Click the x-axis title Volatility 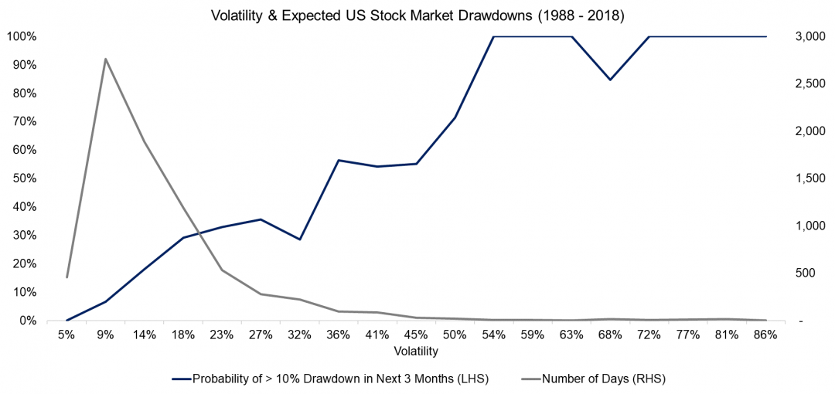[x=416, y=352]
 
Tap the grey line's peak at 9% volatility [x=106, y=59]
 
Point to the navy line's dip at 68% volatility [x=610, y=80]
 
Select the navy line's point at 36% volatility [x=339, y=160]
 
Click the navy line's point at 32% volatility [x=300, y=239]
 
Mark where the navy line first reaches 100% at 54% [x=493, y=36]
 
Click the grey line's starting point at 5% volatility [x=67, y=277]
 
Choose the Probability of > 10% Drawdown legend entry [x=340, y=379]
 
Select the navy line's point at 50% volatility [x=455, y=117]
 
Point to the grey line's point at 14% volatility [x=145, y=141]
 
